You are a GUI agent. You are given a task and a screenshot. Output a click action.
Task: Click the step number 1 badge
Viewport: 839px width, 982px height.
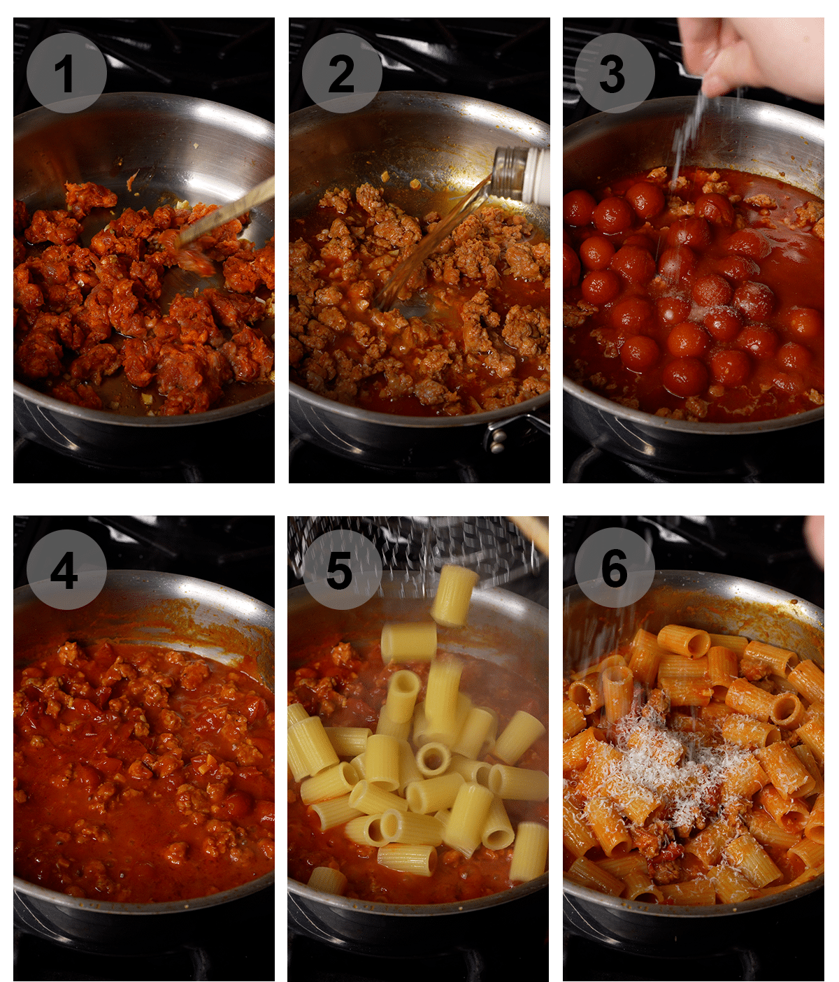tap(66, 73)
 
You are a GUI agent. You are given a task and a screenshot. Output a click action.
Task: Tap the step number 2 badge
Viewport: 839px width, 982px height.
tap(342, 73)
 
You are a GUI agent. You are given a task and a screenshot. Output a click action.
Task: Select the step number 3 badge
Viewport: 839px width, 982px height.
tap(615, 73)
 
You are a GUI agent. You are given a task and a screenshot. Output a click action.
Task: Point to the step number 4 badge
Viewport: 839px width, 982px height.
tap(66, 569)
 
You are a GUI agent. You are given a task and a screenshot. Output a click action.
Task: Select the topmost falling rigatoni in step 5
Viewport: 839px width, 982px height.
tap(454, 595)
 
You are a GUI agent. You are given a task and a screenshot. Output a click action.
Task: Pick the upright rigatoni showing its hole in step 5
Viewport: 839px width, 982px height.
tap(433, 759)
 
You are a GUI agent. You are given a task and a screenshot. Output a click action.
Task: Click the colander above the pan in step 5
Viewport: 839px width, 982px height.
tap(419, 542)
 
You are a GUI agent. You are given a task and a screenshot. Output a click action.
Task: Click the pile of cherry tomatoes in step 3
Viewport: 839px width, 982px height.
tap(685, 294)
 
